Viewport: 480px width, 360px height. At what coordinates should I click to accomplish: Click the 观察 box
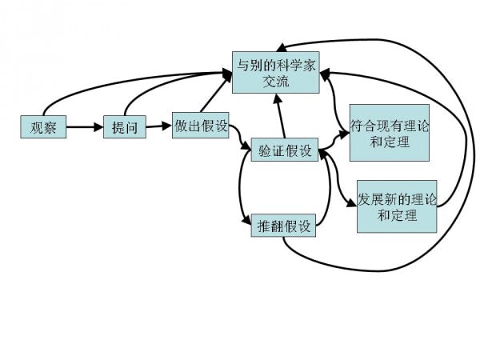43,127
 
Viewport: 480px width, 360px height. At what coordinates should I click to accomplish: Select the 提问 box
125,127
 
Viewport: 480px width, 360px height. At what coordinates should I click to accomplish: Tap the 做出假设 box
201,126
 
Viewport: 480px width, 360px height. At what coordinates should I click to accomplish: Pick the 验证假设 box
285,150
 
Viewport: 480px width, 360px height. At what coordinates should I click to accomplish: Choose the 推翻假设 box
282,225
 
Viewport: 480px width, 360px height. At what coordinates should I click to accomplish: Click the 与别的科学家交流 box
275,72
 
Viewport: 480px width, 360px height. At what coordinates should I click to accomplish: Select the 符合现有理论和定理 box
390,133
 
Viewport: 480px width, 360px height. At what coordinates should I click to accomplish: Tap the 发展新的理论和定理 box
397,206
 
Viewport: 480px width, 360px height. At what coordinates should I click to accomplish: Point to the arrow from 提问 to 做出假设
160,126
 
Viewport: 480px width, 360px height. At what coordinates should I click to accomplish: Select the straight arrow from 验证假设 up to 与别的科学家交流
281,116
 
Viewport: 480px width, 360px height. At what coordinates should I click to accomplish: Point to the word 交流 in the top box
275,81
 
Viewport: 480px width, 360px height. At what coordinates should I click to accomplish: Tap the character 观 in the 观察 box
36,127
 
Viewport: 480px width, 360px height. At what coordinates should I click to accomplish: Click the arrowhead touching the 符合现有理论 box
345,134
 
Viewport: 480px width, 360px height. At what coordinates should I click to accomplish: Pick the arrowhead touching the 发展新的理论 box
351,204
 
